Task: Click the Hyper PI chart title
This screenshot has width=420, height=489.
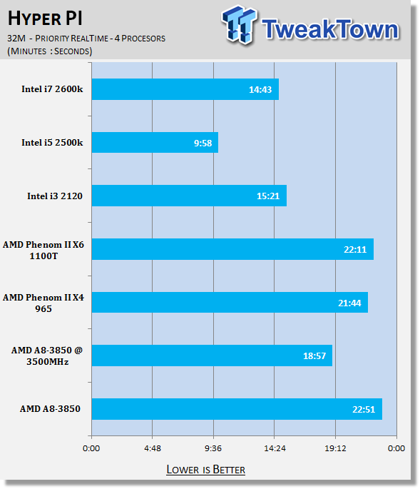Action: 45,18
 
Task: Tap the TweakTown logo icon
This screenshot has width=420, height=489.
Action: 240,24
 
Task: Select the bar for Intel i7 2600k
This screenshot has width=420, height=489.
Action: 185,89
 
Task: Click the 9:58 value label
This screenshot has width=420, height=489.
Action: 203,143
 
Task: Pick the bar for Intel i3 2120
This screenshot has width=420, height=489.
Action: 189,196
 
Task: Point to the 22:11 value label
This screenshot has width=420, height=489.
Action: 355,249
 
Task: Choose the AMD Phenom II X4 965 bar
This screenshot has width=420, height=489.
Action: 230,302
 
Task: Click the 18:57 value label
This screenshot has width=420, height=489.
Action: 314,356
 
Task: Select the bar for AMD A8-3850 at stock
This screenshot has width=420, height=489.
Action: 237,409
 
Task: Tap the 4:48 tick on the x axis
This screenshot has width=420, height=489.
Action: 153,448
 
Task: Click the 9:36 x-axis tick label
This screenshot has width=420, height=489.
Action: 213,448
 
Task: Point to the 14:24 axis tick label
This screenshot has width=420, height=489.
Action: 275,448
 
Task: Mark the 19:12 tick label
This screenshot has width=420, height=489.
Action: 335,448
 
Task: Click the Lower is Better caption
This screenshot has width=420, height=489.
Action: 205,469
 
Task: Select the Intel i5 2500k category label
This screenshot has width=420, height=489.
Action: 52,143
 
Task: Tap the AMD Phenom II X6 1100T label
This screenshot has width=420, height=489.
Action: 43,250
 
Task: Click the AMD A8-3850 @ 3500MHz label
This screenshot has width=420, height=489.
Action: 47,356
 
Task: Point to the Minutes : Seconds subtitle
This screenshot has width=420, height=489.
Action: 50,51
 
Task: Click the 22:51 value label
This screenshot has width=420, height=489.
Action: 364,409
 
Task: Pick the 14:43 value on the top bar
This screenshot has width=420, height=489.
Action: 260,90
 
